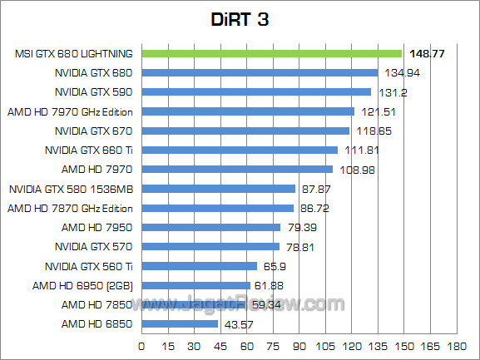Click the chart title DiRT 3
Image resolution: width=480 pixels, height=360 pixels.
(240, 19)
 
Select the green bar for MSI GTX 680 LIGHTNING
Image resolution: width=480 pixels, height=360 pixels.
(272, 53)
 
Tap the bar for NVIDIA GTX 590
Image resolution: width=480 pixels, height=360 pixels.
(257, 91)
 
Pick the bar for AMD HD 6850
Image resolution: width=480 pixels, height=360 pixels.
(181, 323)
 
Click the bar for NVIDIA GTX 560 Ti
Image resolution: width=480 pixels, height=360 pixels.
(200, 266)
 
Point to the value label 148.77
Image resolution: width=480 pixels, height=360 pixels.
(426, 53)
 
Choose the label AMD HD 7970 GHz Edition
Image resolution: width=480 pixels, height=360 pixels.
(71, 111)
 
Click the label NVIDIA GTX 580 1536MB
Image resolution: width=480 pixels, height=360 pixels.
(72, 189)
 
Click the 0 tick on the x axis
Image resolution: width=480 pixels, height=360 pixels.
(142, 345)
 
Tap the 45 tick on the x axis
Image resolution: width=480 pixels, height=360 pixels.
(220, 345)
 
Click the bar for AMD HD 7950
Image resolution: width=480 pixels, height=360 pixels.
(211, 227)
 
